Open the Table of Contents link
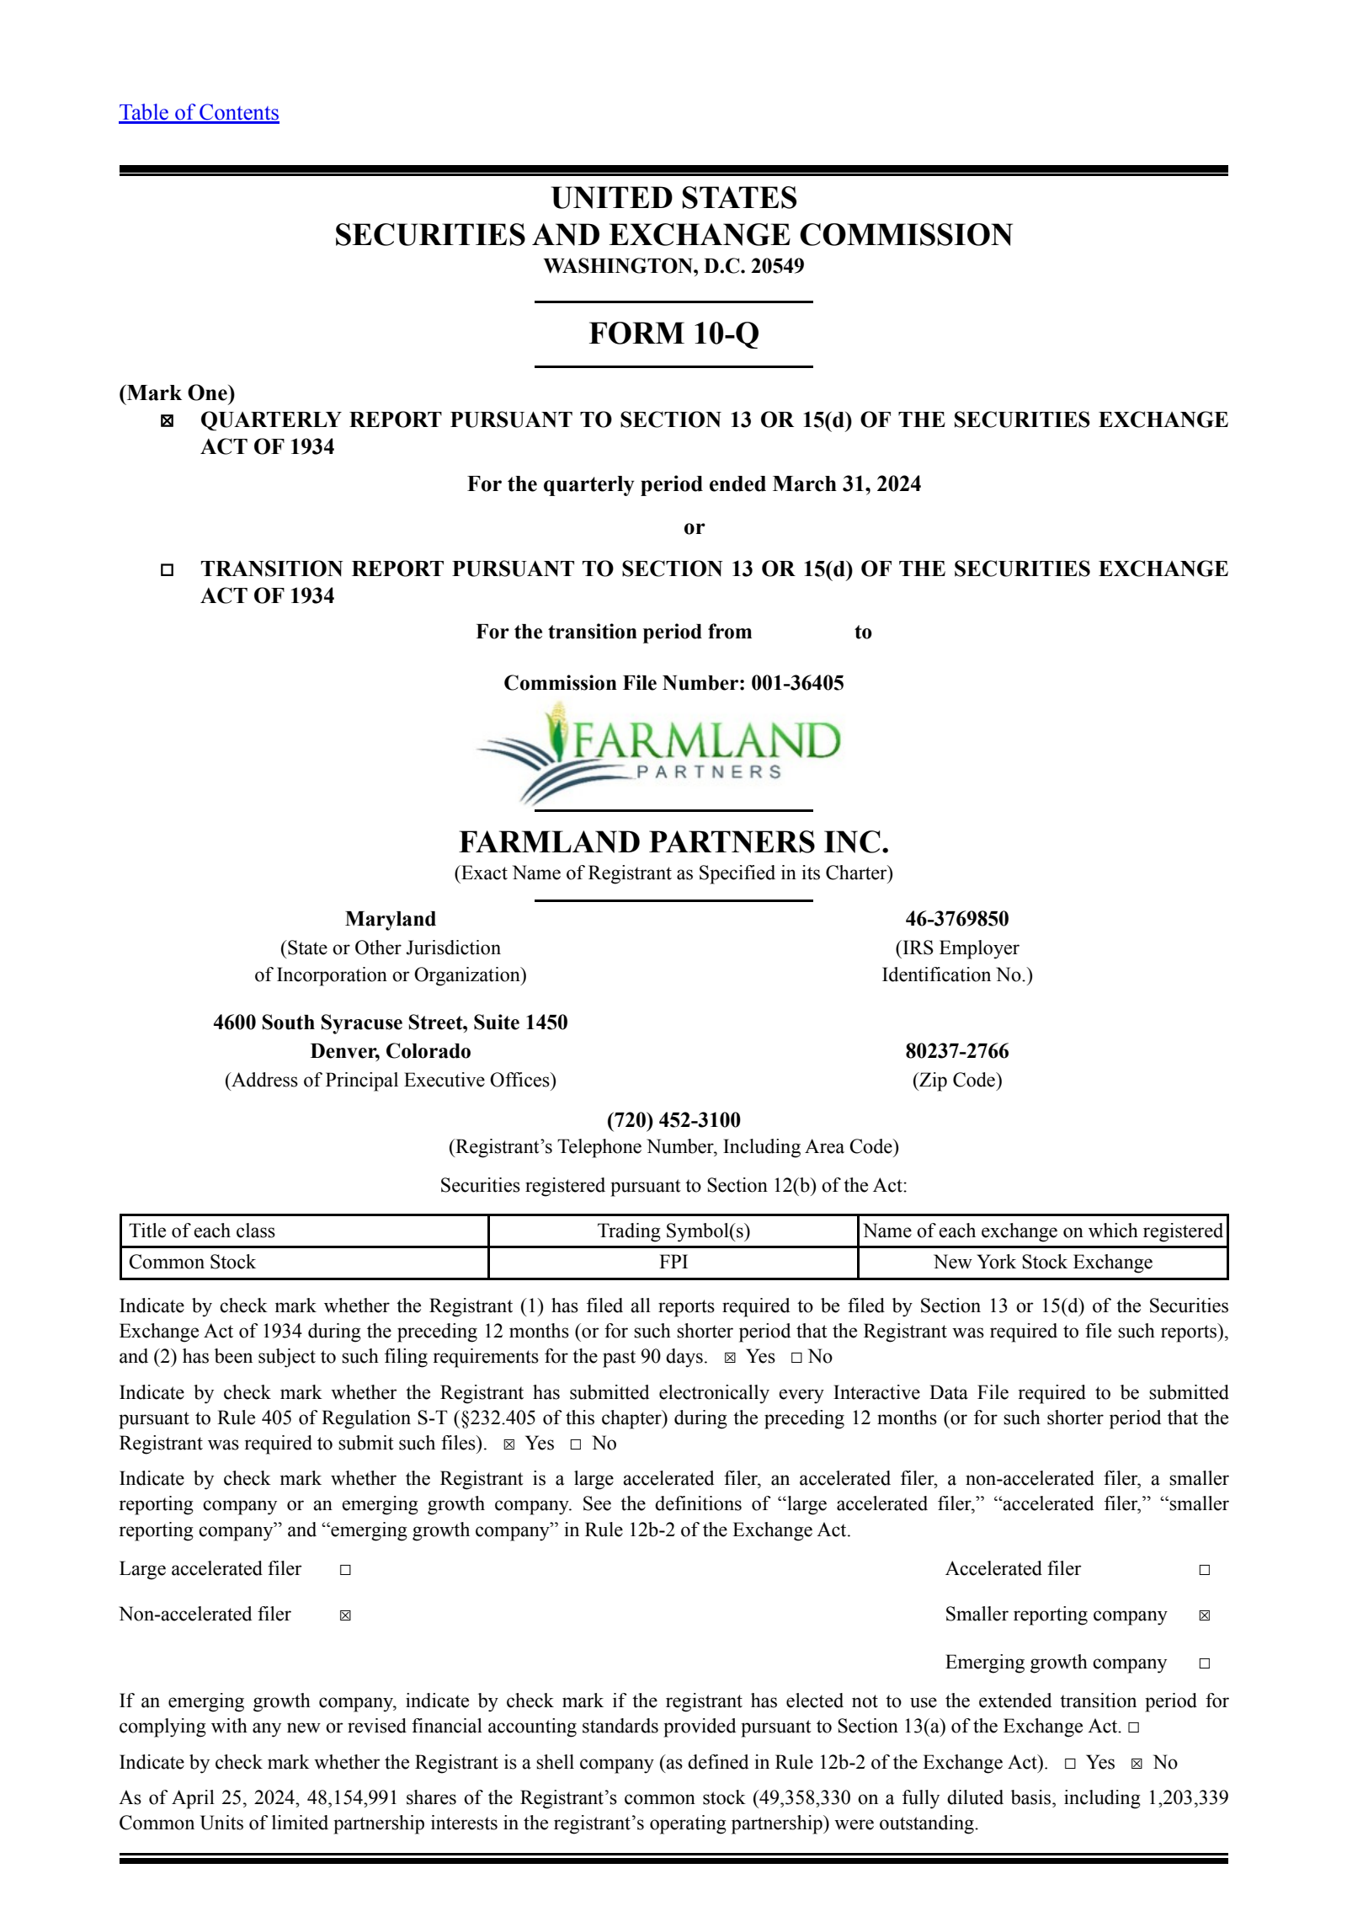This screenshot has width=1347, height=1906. coord(199,113)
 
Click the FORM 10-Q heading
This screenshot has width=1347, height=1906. coord(673,334)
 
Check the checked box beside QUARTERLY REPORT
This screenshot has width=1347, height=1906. coord(168,421)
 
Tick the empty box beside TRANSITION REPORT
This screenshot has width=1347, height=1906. coord(168,570)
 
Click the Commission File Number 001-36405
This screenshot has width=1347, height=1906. coord(796,683)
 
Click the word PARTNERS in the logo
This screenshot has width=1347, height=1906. coord(709,771)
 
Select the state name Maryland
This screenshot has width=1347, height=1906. coord(391,919)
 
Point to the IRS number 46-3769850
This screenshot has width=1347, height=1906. coord(956,919)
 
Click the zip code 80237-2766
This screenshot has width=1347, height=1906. coord(956,1051)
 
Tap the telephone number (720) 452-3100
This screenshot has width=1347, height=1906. coord(673,1120)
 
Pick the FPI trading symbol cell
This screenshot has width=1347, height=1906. coord(673,1262)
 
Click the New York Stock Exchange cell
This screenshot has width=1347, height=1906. coord(1042,1262)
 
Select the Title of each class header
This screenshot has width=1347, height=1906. coord(202,1231)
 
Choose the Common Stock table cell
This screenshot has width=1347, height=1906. coord(192,1262)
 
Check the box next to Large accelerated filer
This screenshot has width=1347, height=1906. coord(345,1570)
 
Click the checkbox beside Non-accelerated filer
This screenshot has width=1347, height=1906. coord(345,1615)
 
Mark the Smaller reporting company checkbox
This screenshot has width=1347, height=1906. coord(1205,1615)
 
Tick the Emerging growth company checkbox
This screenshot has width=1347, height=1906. coord(1205,1663)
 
